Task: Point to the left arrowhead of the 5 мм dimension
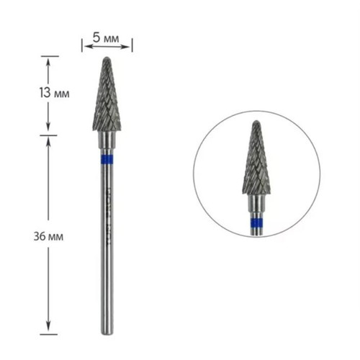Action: point(85,45)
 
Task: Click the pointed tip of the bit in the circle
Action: point(256,123)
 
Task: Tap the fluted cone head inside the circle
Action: point(256,162)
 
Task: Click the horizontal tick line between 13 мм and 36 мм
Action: point(49,134)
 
